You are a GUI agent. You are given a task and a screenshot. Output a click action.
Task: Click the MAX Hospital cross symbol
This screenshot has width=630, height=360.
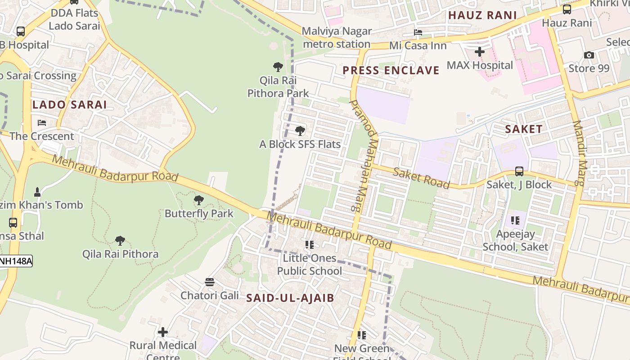click(x=480, y=52)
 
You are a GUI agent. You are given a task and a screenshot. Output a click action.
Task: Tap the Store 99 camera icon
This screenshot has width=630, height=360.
click(x=589, y=55)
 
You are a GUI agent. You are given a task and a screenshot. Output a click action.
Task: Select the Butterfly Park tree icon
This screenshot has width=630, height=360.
click(x=198, y=200)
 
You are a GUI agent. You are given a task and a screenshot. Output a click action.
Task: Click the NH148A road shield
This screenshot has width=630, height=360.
click(x=16, y=261)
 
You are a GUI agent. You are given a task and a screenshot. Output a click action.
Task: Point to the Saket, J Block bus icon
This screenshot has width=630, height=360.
click(x=519, y=171)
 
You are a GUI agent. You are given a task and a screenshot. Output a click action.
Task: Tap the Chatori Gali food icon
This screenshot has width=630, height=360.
click(x=210, y=282)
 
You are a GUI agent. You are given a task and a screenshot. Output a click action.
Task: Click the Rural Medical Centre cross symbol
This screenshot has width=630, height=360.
click(x=163, y=332)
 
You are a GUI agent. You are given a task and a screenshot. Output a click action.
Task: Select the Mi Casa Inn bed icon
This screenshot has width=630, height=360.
click(x=418, y=32)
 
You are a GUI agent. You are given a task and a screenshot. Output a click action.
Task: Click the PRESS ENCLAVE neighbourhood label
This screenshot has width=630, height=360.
click(x=391, y=70)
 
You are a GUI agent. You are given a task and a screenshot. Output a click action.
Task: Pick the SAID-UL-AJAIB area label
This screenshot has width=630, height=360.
click(x=290, y=298)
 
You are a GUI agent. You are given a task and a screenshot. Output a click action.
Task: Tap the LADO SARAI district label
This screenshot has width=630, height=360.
click(x=70, y=105)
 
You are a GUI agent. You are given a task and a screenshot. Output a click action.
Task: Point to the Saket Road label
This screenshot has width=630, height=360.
click(x=421, y=178)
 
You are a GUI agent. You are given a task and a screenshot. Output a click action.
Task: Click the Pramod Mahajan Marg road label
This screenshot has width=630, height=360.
click(x=363, y=155)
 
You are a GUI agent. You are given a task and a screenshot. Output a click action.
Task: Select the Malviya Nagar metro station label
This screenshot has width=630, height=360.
click(x=337, y=38)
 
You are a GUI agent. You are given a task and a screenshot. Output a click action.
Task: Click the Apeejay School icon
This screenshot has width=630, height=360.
click(x=515, y=220)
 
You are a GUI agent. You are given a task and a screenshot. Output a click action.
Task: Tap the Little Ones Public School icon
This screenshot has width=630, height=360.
click(x=309, y=245)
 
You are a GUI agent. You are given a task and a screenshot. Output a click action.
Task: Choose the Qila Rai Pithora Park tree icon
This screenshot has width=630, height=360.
click(x=278, y=67)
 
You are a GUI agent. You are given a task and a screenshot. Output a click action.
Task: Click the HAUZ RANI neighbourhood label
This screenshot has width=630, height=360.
click(x=482, y=15)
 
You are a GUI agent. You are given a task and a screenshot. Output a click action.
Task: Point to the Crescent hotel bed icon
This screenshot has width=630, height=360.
click(x=42, y=122)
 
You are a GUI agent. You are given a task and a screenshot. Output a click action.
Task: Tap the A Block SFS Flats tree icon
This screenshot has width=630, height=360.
click(x=300, y=131)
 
